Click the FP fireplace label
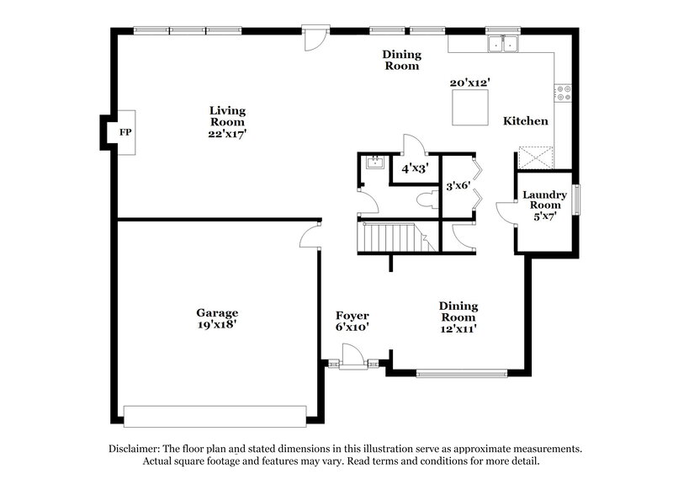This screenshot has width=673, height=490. coord(125,133)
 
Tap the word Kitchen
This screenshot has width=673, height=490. coord(526,121)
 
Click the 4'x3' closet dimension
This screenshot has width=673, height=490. coord(413,168)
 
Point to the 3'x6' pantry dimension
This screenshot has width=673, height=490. coord(458,185)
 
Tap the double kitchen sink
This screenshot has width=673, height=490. coord(504,44)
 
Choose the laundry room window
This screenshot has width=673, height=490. coord(577,198)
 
